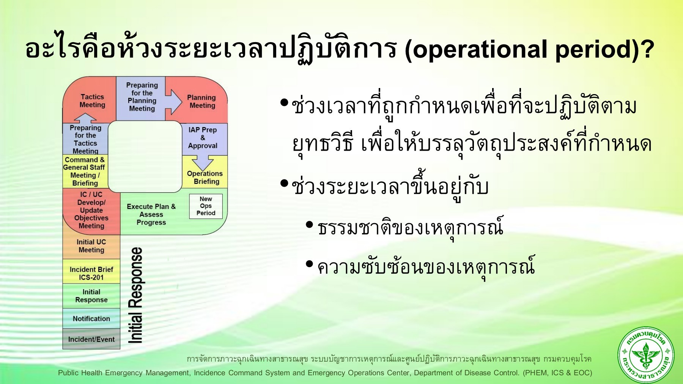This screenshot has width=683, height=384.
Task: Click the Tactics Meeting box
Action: (92, 101)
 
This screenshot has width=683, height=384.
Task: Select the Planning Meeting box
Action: (202, 101)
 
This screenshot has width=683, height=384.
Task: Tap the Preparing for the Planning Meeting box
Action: (142, 97)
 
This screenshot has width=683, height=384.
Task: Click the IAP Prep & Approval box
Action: (203, 137)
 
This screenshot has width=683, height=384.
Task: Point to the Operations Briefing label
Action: (205, 178)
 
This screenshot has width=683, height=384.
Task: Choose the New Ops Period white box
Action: (206, 206)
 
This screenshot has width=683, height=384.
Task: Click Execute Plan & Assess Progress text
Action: (151, 214)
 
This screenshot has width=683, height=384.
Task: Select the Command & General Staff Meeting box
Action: (85, 172)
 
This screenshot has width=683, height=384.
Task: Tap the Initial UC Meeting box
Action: (91, 246)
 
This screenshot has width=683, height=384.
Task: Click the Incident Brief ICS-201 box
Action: (91, 273)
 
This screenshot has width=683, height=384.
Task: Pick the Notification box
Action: (91, 319)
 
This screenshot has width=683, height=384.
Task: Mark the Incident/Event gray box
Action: (91, 339)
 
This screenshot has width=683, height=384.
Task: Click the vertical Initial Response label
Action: (135, 295)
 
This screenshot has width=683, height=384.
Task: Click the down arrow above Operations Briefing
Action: (203, 162)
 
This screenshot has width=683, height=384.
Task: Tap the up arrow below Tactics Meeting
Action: (85, 118)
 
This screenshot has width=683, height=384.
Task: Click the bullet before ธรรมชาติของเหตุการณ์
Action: (310, 225)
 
